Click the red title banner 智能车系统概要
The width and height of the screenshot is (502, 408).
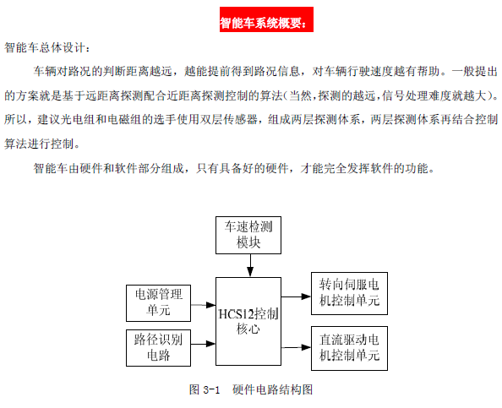tap(266, 19)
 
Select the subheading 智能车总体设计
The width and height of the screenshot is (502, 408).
tap(45, 47)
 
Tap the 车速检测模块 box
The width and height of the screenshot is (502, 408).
tap(248, 235)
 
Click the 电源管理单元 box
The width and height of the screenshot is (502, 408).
tap(159, 303)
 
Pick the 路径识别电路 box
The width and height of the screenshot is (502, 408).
tap(159, 348)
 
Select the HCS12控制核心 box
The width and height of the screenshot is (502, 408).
tap(248, 321)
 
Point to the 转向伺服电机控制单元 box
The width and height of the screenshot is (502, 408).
tap(349, 293)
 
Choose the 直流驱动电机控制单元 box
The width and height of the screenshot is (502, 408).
tap(349, 349)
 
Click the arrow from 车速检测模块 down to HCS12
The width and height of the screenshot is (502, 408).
tap(250, 265)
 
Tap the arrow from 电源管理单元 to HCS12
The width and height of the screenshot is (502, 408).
tap(204, 305)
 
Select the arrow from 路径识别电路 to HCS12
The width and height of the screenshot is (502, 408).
tap(204, 344)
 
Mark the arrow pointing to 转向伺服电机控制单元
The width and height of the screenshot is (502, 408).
tap(296, 296)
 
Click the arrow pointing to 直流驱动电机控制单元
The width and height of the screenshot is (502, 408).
tap(296, 347)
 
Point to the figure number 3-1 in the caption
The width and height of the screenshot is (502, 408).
tap(211, 389)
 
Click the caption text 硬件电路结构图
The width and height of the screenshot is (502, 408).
tap(272, 389)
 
